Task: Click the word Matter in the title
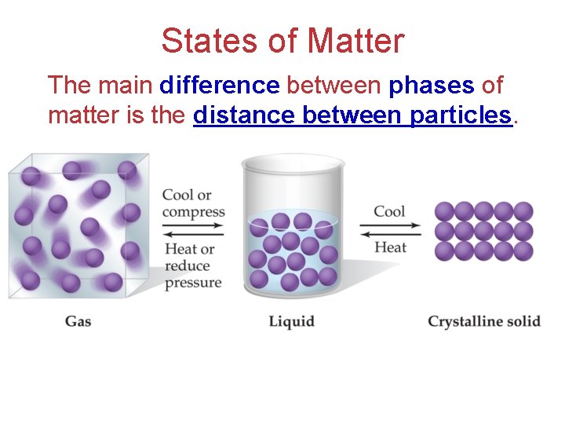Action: pyautogui.click(x=356, y=41)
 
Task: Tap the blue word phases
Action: pyautogui.click(x=432, y=85)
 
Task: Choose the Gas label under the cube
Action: pyautogui.click(x=78, y=321)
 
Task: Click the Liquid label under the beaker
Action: pyautogui.click(x=291, y=321)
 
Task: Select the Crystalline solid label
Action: pyautogui.click(x=484, y=321)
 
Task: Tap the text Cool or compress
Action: pyautogui.click(x=193, y=203)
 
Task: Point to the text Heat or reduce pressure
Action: pyautogui.click(x=193, y=265)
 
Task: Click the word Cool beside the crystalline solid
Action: pyautogui.click(x=389, y=211)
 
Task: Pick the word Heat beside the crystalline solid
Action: pyautogui.click(x=390, y=247)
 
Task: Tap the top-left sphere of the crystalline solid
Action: pyautogui.click(x=445, y=211)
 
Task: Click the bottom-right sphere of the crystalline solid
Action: pyautogui.click(x=523, y=250)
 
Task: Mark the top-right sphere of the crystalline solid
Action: pyautogui.click(x=523, y=211)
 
